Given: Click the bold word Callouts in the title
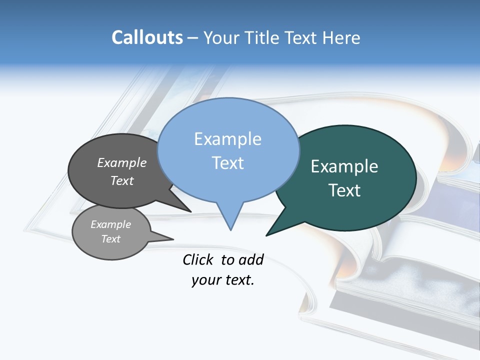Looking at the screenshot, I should pos(147,37).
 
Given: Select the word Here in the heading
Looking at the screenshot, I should pos(341,37).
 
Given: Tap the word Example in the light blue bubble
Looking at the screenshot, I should pos(227,139).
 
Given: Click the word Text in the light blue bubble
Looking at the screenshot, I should pos(227,163).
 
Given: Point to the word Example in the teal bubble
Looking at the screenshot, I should pos(344,166).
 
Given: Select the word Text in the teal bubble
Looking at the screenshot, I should pos(344,190).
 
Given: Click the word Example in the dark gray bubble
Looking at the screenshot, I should pos(122,163).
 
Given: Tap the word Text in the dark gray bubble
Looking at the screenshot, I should pos(122,180).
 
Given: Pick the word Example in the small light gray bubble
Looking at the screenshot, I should pos(110,224).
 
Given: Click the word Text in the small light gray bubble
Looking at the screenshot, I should pos(110,239).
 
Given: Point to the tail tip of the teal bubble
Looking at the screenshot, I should pos(267,235).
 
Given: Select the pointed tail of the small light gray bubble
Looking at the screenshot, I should pos(172,239).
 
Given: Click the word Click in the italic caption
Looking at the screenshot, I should pos(198,259).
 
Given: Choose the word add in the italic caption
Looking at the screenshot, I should pos(251,259).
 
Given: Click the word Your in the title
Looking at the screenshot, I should pos(222,37).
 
